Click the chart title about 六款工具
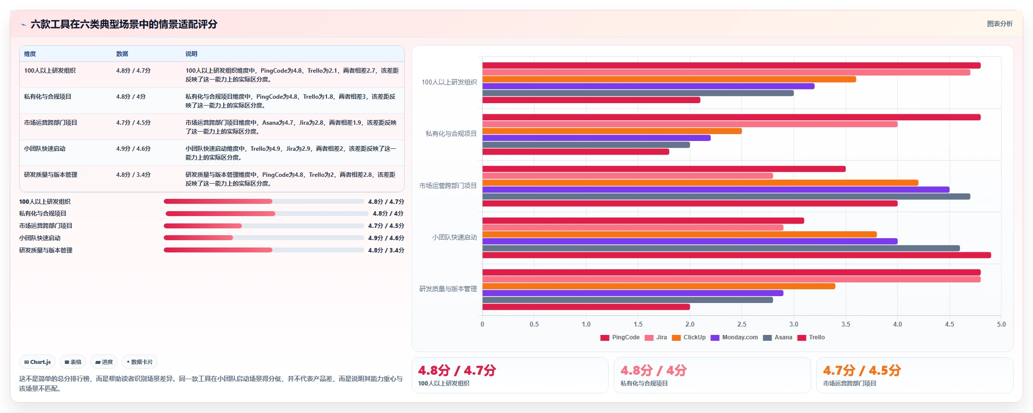(124, 24)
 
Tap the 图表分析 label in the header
(1000, 24)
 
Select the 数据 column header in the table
(122, 54)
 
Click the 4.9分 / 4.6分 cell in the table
(133, 149)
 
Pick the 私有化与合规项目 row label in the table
(48, 97)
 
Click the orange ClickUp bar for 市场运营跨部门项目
(700, 183)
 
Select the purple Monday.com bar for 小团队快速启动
(690, 241)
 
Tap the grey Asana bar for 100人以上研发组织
(638, 93)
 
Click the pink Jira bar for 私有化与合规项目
(690, 124)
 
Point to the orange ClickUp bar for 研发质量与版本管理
(659, 286)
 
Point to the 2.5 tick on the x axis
(742, 324)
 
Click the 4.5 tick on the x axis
(949, 324)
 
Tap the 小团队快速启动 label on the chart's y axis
(454, 237)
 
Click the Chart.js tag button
(37, 362)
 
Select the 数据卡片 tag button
(140, 362)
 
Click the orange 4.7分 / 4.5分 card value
(862, 370)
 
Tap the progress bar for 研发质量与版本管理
(264, 250)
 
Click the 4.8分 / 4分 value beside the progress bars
(388, 214)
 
